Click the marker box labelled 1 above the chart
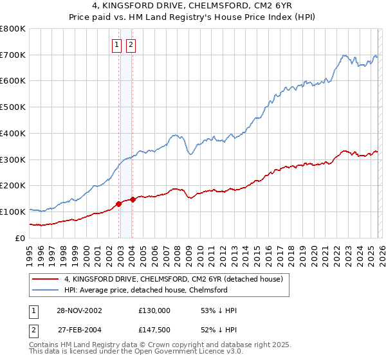[x=116, y=44]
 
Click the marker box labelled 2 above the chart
[x=131, y=44]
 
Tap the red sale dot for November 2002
[x=119, y=204]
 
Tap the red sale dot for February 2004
[x=133, y=199]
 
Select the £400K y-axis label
[x=14, y=134]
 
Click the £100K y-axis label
[x=14, y=212]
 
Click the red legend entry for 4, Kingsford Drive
[x=178, y=279]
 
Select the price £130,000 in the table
[x=154, y=310]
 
